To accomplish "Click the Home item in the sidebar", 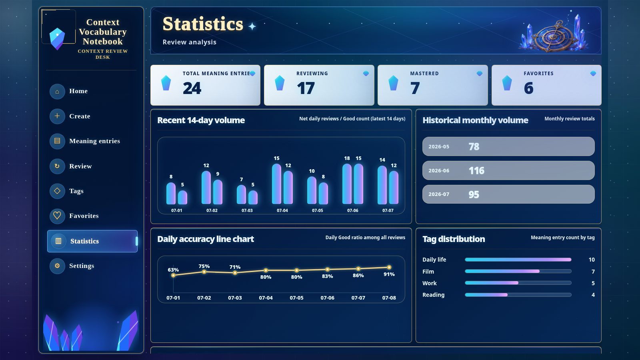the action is [78, 91].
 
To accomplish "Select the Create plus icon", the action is [57, 116].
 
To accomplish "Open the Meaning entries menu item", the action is [94, 141].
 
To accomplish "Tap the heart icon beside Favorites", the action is [57, 216].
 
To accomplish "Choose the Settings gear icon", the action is [57, 266].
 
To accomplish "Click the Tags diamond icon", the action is [57, 191].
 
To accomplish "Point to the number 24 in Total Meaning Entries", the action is [192, 88].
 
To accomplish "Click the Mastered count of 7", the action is [415, 88].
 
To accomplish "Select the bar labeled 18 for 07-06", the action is [347, 184].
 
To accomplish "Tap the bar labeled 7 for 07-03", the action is [242, 194].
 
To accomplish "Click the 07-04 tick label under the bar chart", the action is [282, 210].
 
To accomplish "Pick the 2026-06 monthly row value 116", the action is [476, 170].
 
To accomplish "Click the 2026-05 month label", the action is [439, 146].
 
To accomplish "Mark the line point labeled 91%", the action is [389, 268].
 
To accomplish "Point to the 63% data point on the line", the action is [173, 276].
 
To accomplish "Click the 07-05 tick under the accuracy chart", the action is [296, 298].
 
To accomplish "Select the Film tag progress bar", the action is [518, 272].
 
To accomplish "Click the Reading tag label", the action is [434, 295].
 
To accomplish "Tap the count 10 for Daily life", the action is [592, 260].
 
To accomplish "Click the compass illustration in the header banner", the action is [554, 36].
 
